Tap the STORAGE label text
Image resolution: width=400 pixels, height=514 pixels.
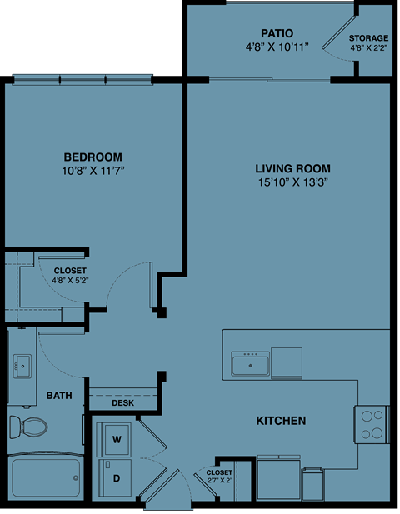click(368, 38)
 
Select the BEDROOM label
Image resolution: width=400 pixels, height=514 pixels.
click(92, 157)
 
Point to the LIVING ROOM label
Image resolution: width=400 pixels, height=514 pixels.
click(287, 169)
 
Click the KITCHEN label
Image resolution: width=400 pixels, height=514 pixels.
click(281, 421)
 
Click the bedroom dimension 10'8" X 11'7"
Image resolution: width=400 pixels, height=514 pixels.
click(92, 171)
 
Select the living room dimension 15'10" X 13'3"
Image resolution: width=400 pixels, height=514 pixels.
click(287, 183)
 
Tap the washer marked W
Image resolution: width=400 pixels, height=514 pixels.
click(117, 438)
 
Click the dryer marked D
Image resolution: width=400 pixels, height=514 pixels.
click(117, 478)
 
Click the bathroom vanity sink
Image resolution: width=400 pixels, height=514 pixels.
click(22, 364)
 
